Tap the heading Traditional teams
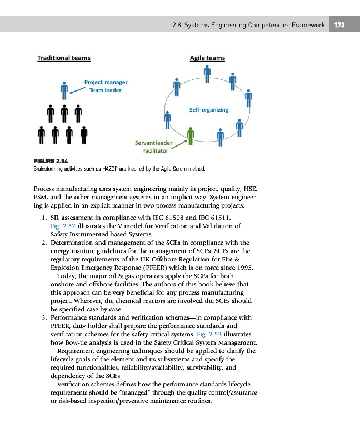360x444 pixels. tap(64, 58)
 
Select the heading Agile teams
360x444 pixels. tap(207, 58)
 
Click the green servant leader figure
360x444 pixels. tap(191, 136)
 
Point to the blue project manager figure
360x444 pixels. tap(64, 89)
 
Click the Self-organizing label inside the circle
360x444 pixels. tap(208, 110)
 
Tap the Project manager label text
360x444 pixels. tap(106, 82)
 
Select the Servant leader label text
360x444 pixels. tap(153, 143)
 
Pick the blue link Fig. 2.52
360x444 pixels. tap(61, 226)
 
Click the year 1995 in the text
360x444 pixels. tap(244, 267)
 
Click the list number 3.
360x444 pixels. tap(43, 318)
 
